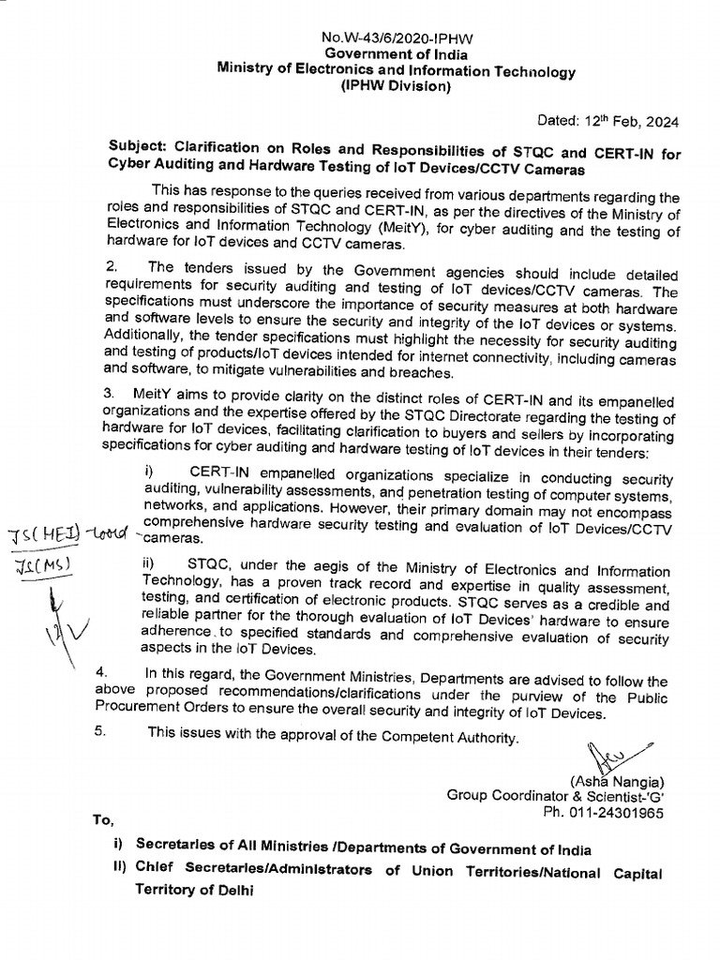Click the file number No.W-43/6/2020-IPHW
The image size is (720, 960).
tap(397, 38)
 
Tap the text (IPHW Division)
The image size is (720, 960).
tap(396, 87)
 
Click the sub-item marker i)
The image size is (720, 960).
tap(150, 470)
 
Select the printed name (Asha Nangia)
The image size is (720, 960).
tap(616, 782)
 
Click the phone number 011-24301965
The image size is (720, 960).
tap(620, 814)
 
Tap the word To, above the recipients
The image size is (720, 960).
tap(103, 819)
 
